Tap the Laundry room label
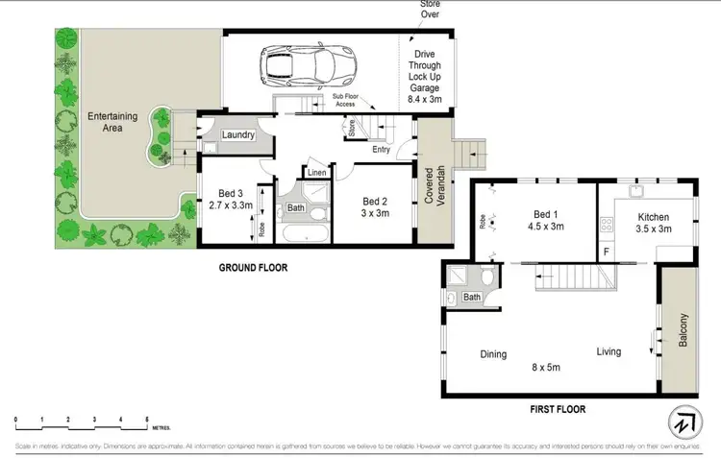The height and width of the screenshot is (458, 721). [x=237, y=135]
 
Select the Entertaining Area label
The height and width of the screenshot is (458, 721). [x=112, y=122]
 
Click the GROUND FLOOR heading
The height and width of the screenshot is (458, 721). [x=252, y=268]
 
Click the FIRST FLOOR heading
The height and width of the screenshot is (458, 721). [x=559, y=408]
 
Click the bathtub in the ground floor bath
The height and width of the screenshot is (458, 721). [x=303, y=234]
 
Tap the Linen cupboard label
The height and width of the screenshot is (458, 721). [x=315, y=173]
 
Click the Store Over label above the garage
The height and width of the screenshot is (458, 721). [x=430, y=9]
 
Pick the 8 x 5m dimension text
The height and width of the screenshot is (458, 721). [x=547, y=366]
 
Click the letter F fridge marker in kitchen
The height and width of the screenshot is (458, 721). [x=606, y=253]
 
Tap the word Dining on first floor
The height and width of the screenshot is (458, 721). [x=493, y=354]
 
